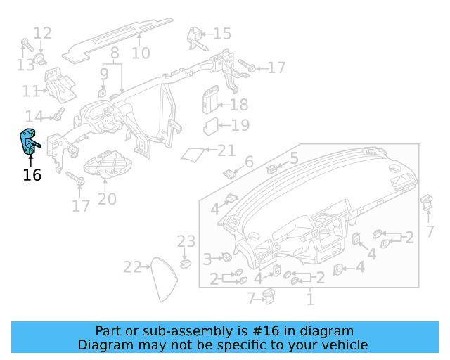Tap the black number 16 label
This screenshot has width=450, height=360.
[x=32, y=174]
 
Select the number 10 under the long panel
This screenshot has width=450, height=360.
[x=141, y=53]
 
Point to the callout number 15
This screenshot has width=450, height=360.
[x=221, y=33]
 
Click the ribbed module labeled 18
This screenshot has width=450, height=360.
[x=210, y=100]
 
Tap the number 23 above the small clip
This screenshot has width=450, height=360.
[x=186, y=242]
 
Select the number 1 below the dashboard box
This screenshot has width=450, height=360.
[x=309, y=300]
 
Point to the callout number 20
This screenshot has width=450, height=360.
[x=107, y=199]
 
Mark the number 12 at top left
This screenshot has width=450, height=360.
[x=42, y=33]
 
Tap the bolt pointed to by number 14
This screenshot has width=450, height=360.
[x=59, y=114]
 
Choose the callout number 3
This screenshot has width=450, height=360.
[x=207, y=259]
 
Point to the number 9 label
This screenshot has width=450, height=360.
[x=104, y=73]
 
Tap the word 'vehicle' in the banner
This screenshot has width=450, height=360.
[x=344, y=345]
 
